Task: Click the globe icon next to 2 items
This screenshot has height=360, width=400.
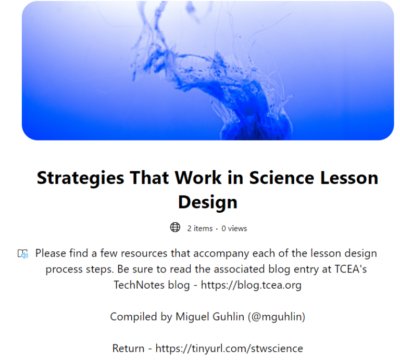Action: pyautogui.click(x=175, y=228)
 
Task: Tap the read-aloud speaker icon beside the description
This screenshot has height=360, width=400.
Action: pyautogui.click(x=22, y=254)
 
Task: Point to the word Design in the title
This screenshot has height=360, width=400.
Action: pyautogui.click(x=207, y=202)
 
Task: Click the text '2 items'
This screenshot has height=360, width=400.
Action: pyautogui.click(x=200, y=228)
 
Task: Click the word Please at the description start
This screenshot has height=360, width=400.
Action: pyautogui.click(x=51, y=254)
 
